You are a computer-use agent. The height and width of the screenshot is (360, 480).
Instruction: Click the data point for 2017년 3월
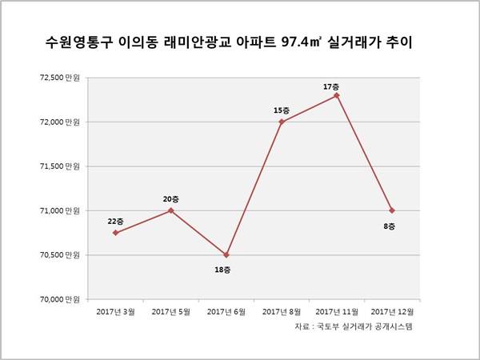116,233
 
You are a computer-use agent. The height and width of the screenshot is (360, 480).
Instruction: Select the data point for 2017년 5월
170,210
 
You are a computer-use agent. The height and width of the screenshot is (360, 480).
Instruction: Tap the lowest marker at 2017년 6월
226,254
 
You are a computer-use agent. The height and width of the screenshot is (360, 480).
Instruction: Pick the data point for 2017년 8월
281,122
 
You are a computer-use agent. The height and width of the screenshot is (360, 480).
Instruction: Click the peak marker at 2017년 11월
337,95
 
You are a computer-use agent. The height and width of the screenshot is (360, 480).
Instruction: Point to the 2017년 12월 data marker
392,210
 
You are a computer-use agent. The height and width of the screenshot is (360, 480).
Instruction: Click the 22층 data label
116,220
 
